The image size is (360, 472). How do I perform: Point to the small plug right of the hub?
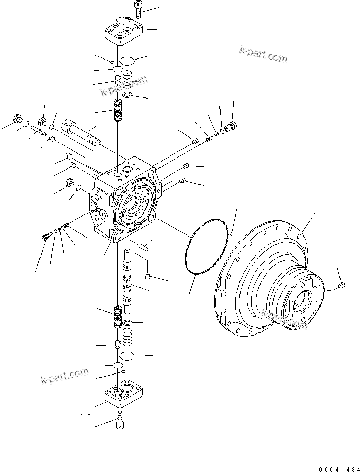(343, 285)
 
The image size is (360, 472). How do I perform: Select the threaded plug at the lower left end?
(45, 236)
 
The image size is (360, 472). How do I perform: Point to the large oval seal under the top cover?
(128, 60)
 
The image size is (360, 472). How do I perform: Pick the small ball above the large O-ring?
(232, 233)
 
